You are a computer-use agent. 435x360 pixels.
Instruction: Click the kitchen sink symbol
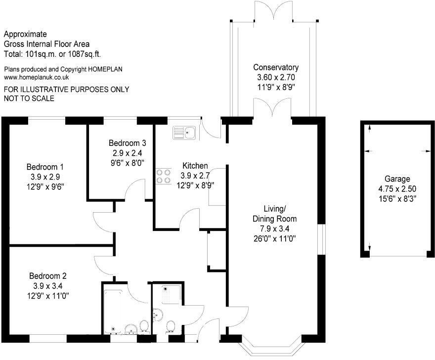pyautogui.click(x=184, y=133)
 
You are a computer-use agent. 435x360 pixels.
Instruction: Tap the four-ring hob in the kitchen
pyautogui.click(x=163, y=177)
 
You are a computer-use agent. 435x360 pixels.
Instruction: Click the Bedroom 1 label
pyautogui.click(x=45, y=167)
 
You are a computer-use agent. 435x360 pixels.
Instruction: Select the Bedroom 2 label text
pyautogui.click(x=48, y=276)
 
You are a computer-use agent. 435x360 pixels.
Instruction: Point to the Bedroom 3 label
pyautogui.click(x=128, y=143)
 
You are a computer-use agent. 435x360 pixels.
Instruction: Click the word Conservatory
pyautogui.click(x=276, y=67)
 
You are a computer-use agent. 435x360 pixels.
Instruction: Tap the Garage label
pyautogui.click(x=397, y=179)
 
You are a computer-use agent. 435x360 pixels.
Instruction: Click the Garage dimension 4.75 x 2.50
pyautogui.click(x=397, y=189)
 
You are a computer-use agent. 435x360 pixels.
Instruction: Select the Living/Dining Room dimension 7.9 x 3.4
pyautogui.click(x=275, y=229)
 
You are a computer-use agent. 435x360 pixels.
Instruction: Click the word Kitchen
pyautogui.click(x=195, y=166)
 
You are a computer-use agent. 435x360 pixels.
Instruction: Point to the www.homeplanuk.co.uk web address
pyautogui.click(x=37, y=78)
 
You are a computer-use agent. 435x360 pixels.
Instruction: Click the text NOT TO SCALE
pyautogui.click(x=29, y=98)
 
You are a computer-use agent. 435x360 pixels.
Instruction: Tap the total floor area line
pyautogui.click(x=52, y=54)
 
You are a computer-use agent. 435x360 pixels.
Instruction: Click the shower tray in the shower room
pyautogui.click(x=171, y=294)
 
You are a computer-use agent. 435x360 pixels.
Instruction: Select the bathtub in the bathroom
pyautogui.click(x=113, y=312)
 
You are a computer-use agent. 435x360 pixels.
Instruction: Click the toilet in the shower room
pyautogui.click(x=170, y=326)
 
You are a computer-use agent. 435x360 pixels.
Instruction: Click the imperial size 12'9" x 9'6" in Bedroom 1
pyautogui.click(x=45, y=186)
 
